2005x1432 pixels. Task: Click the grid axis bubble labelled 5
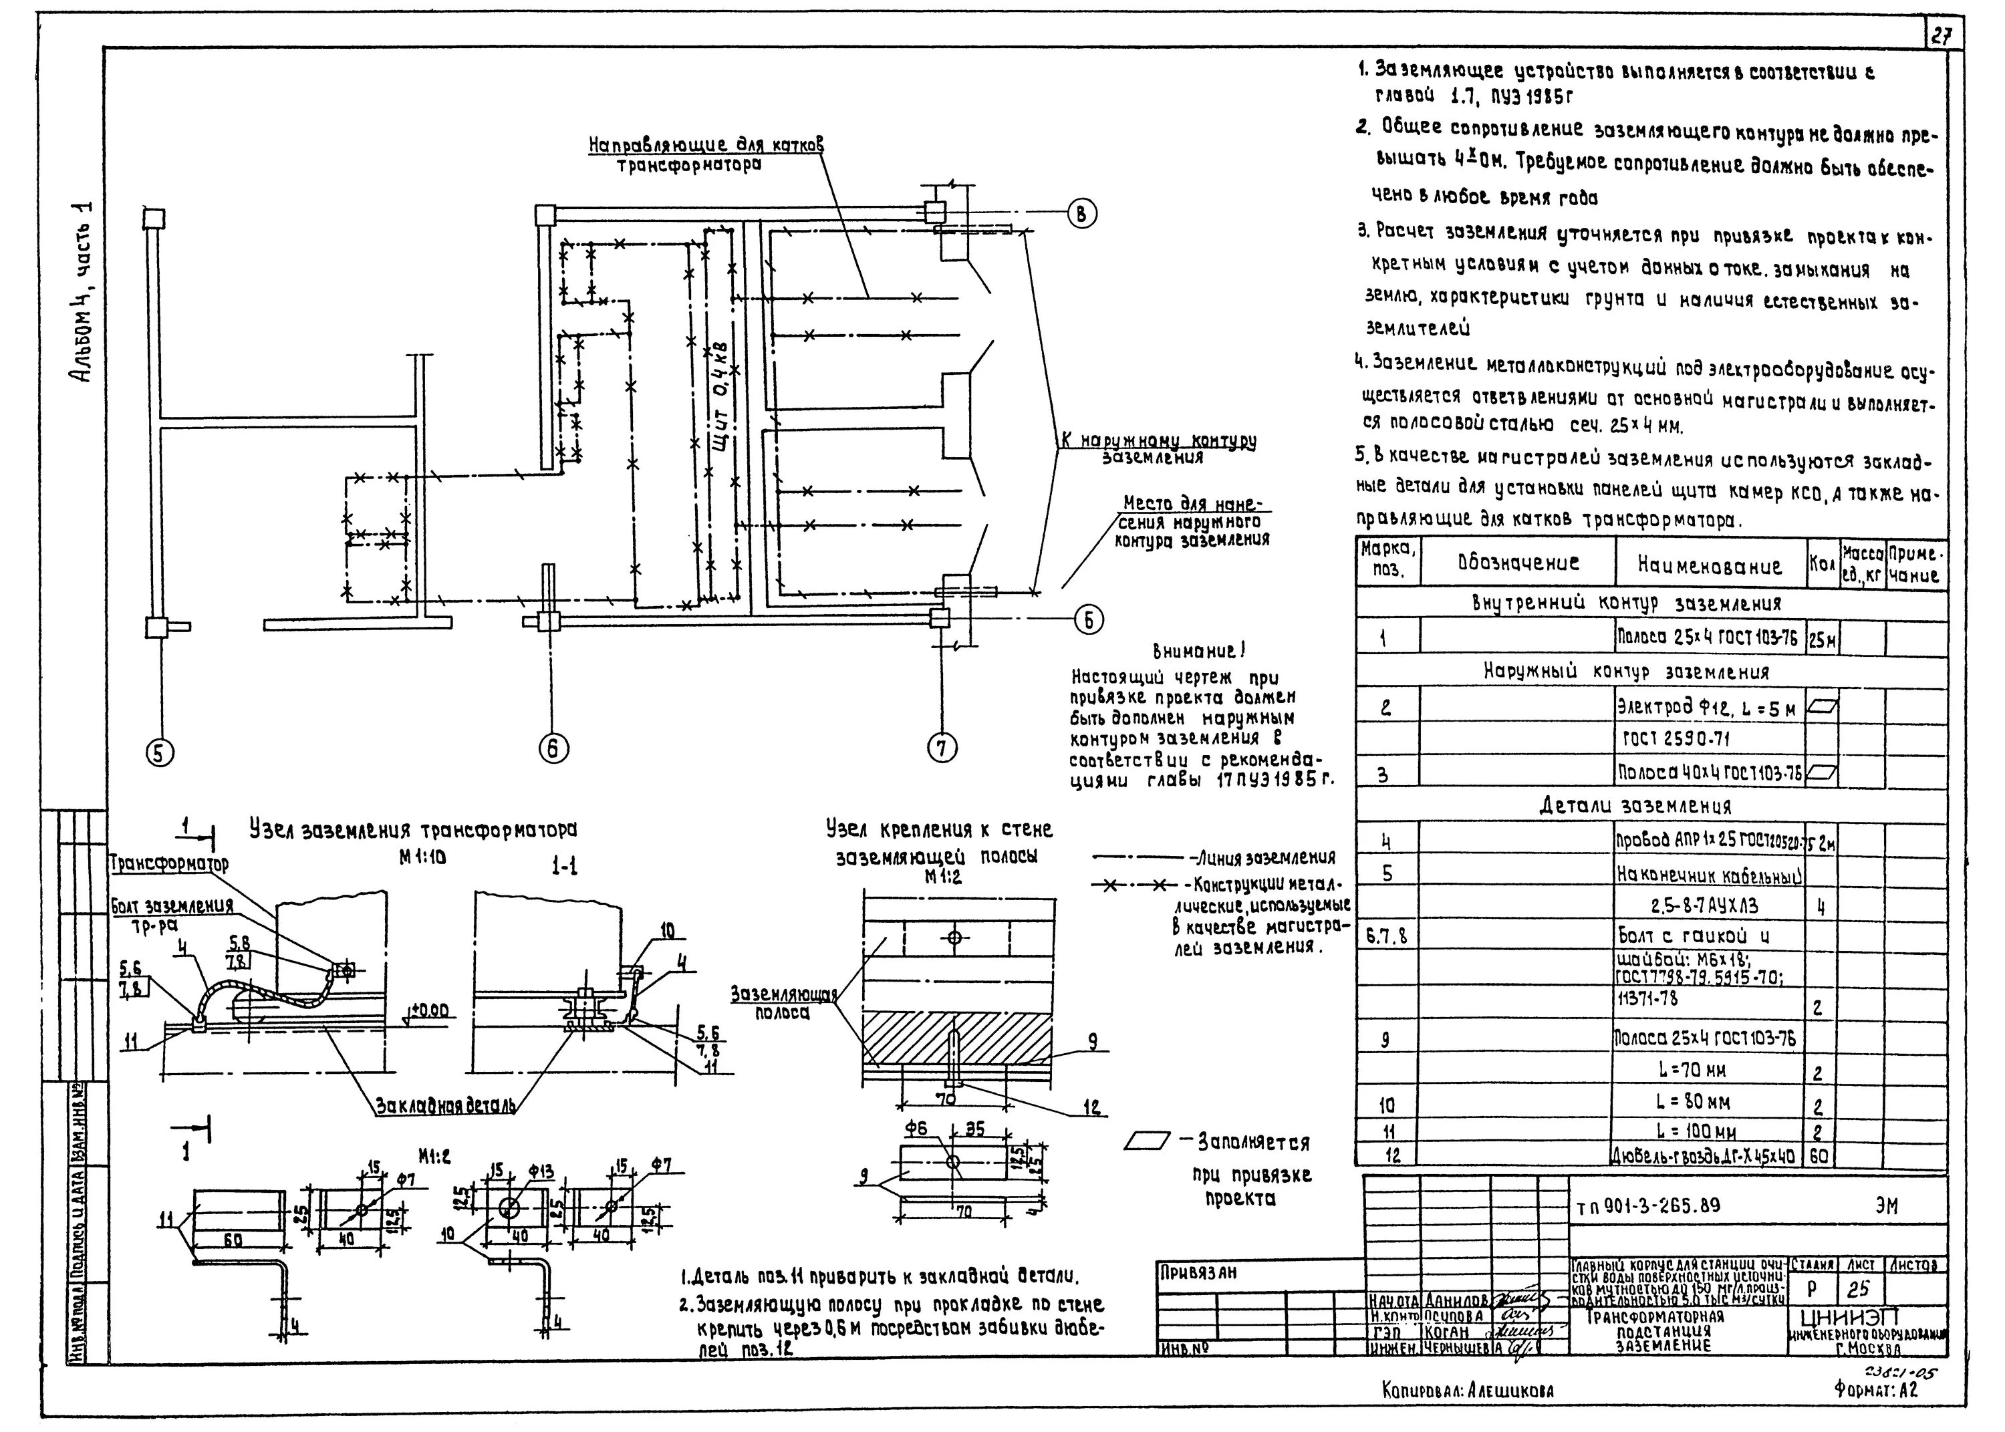click(160, 752)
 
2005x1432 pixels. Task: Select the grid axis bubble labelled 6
click(553, 748)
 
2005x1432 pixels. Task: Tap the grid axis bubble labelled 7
click(942, 748)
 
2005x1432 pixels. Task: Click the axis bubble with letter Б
click(1088, 621)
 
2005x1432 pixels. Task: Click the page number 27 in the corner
click(1939, 36)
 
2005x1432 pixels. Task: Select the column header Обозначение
click(1518, 563)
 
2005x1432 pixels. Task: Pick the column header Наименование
click(1710, 565)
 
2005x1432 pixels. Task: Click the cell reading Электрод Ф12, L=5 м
click(1710, 707)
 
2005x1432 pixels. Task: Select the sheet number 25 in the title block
click(1858, 1289)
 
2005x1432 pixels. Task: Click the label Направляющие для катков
click(705, 144)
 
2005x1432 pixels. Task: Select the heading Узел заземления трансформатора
click(412, 831)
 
